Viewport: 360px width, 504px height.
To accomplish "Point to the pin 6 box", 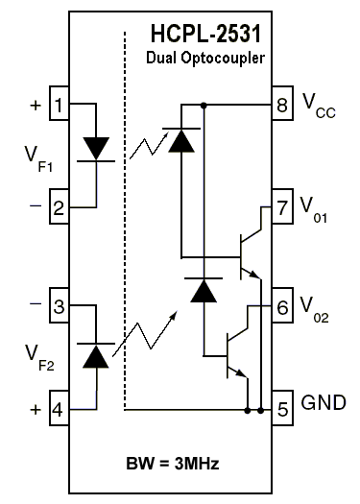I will (x=282, y=307).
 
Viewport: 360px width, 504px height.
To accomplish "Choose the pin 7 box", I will (x=282, y=206).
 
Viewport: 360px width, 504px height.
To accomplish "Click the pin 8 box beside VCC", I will (x=282, y=104).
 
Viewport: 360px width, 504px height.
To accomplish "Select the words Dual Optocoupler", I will (x=205, y=60).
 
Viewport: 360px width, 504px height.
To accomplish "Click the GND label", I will (x=323, y=401).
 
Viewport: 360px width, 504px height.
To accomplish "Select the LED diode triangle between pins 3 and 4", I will (x=96, y=356).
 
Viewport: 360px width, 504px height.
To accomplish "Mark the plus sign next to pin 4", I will (x=35, y=410).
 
